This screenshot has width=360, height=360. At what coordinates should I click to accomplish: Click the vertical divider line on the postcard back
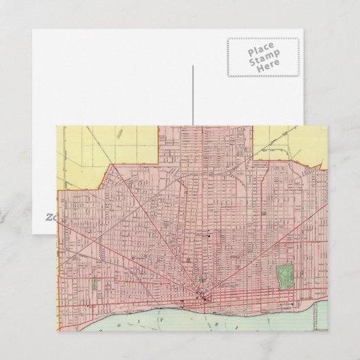[192, 95]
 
